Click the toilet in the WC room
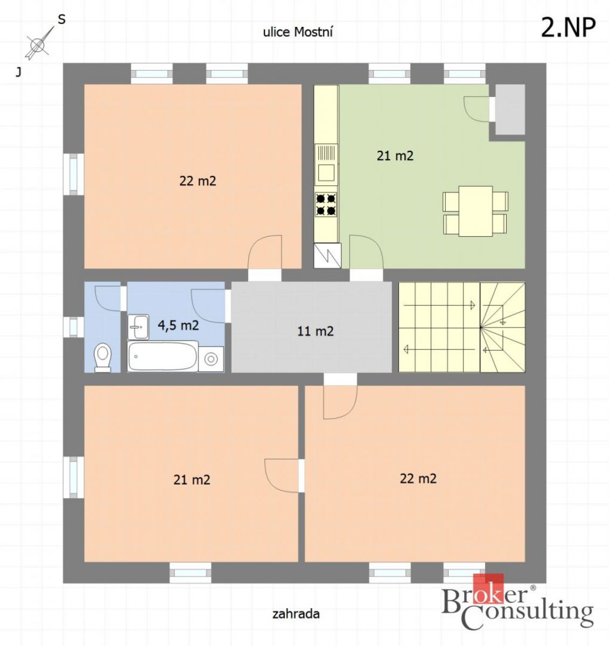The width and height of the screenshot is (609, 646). (102, 358)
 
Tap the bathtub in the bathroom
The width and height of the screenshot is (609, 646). (163, 356)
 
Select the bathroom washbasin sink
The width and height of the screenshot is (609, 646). (138, 327)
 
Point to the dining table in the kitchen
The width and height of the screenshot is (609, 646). (475, 211)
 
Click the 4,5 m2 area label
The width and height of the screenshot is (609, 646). (178, 325)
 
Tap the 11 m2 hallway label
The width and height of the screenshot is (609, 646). (316, 331)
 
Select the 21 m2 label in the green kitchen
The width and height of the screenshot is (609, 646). (395, 156)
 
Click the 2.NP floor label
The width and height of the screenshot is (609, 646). (569, 27)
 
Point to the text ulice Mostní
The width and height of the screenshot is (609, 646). (298, 32)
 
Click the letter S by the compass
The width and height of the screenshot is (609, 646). (61, 20)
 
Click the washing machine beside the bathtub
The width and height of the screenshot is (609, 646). (211, 359)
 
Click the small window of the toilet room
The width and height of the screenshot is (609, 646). (74, 327)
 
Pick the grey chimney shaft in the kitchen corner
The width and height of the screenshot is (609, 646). (510, 110)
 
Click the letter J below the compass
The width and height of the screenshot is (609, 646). (18, 73)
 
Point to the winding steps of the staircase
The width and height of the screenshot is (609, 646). (502, 327)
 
